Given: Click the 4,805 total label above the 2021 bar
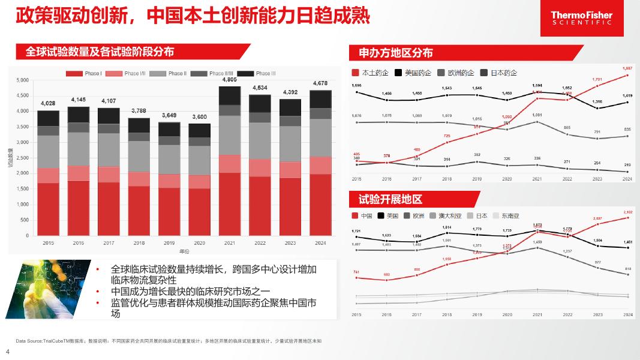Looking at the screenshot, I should click(x=229, y=79).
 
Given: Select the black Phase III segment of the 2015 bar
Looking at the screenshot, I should click(x=49, y=118).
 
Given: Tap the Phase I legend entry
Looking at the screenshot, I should click(x=83, y=73).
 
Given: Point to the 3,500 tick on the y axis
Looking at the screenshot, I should click(x=22, y=127).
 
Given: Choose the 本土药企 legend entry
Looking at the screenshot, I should click(x=370, y=73).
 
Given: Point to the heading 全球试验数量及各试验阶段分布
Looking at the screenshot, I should click(x=100, y=52).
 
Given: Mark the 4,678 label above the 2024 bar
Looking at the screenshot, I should click(x=320, y=83).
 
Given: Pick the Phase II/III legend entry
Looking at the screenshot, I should click(x=218, y=73).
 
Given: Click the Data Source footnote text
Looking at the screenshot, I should click(x=169, y=341).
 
